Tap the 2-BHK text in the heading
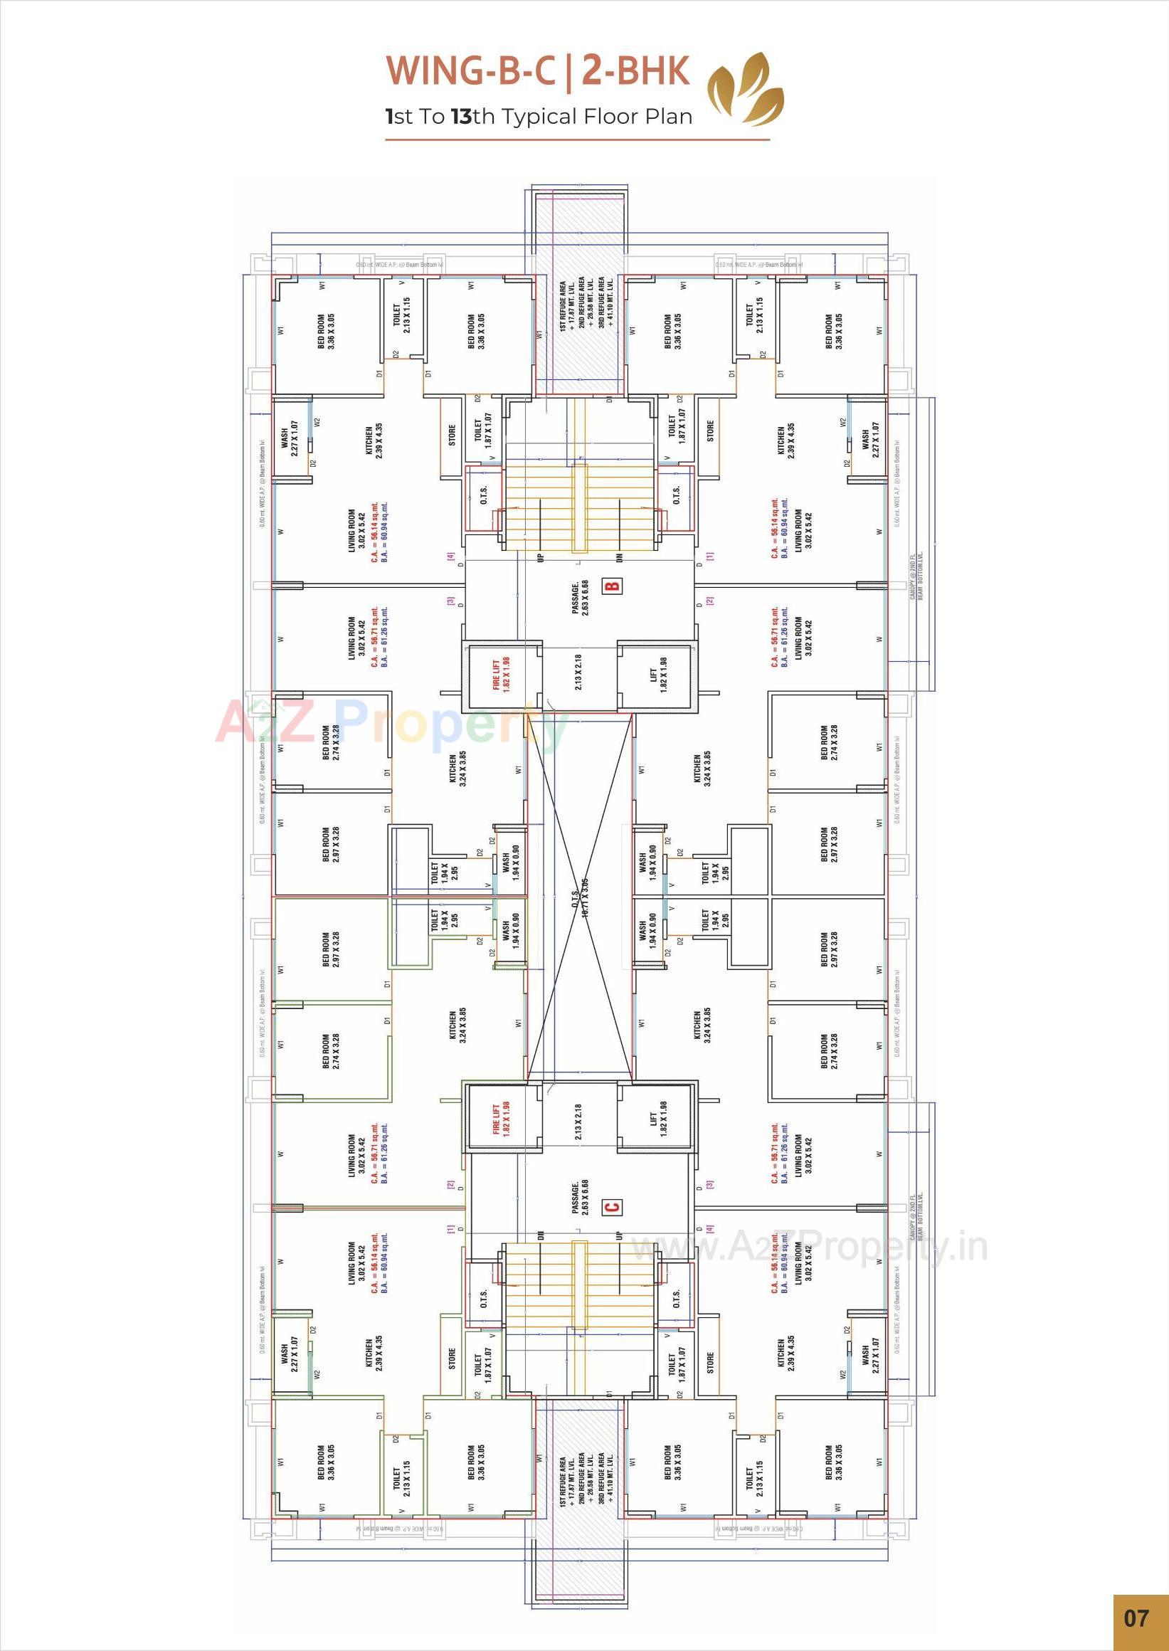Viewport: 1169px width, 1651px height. point(635,71)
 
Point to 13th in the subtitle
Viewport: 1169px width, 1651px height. point(472,117)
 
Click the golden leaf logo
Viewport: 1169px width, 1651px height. point(746,88)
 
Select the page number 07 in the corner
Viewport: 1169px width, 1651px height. point(1136,1618)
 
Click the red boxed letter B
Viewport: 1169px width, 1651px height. point(614,586)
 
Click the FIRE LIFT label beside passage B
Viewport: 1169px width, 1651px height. point(502,675)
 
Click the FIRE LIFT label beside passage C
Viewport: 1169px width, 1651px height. point(502,1118)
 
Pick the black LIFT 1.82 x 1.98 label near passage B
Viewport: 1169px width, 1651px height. point(658,675)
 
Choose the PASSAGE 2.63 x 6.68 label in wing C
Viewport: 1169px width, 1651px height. point(580,1198)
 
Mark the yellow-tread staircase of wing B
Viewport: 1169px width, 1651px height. point(580,507)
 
